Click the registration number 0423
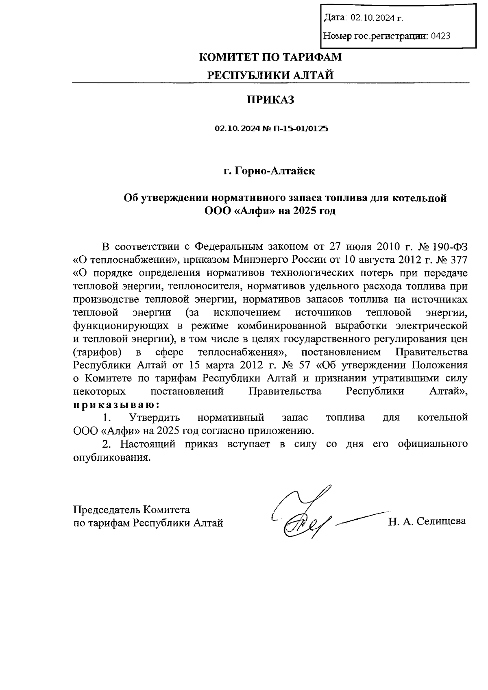click(440, 36)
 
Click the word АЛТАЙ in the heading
click(314, 76)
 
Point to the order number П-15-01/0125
click(301, 129)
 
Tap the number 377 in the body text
click(458, 259)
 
